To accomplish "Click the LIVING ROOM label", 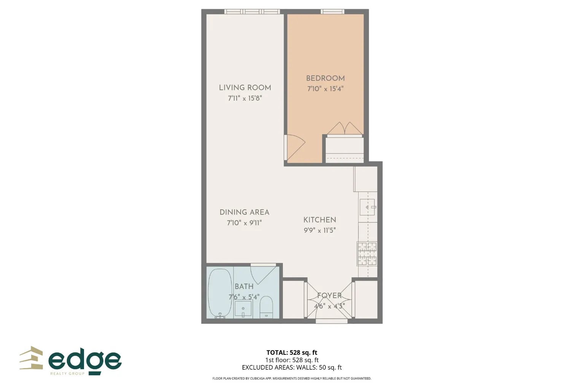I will pos(245,88).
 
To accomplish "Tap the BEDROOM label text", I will pos(325,78).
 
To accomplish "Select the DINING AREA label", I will pos(244,212).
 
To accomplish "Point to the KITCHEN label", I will pos(320,220).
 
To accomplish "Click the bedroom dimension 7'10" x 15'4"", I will pos(325,89).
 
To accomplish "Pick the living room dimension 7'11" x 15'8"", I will pos(245,98).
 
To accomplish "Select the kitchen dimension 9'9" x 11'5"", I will pos(320,230).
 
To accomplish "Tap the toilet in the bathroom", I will pos(266,307).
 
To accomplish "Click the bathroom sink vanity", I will pos(243,309).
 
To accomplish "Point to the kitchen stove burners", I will pos(367,254).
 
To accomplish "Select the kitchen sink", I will pos(367,207).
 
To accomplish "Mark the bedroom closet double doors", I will pos(344,129).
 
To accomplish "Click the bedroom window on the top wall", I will pos(333,12).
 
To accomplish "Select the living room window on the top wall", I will pos(252,12).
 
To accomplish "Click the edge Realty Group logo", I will pos(71,361).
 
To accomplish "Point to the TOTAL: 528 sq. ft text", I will pos(292,353).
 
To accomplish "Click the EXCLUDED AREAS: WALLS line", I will pos(292,367).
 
